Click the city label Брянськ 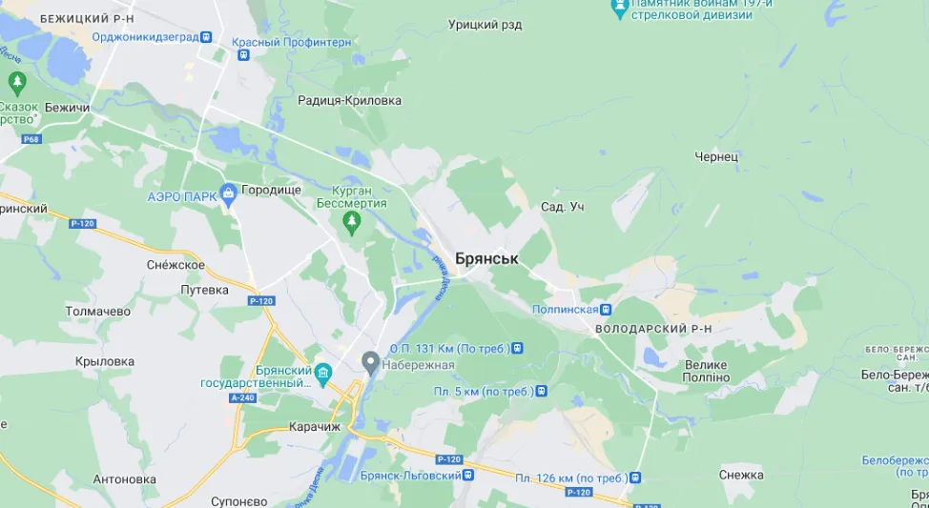486,258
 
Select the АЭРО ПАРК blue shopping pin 228,194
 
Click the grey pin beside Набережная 370,363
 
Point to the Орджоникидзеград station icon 207,37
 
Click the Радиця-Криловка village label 349,100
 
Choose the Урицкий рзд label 485,25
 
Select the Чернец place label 717,156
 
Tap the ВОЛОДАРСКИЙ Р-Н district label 653,329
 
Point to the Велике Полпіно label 706,372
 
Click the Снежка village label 742,475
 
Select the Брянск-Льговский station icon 468,475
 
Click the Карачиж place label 315,427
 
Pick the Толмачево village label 97,311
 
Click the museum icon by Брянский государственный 323,372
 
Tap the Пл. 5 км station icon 541,391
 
